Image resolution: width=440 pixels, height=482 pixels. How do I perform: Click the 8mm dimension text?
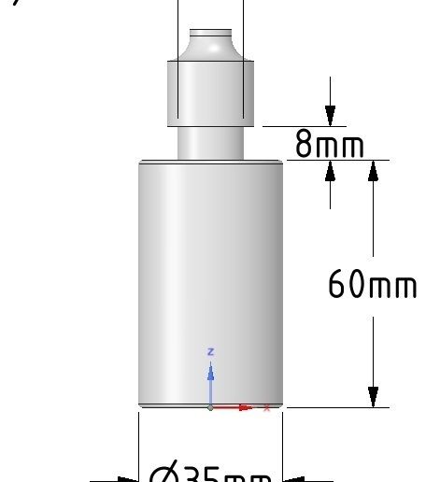pos(329,145)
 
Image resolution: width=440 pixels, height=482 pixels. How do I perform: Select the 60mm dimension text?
pos(371,284)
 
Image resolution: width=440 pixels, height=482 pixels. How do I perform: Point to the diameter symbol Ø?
pos(161,474)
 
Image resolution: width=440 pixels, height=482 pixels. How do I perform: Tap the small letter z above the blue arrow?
pos(211,351)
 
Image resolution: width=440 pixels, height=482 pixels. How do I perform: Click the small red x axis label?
pos(268,407)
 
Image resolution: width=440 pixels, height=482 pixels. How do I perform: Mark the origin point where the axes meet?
pos(211,407)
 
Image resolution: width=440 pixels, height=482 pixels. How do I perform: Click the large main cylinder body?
pos(210,280)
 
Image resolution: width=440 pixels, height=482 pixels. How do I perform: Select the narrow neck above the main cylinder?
pos(210,142)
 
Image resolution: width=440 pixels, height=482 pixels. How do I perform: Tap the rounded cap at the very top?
pos(210,42)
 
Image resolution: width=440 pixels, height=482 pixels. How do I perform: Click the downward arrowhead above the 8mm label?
pos(331,116)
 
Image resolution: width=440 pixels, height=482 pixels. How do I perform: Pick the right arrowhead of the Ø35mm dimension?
pos(291,479)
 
